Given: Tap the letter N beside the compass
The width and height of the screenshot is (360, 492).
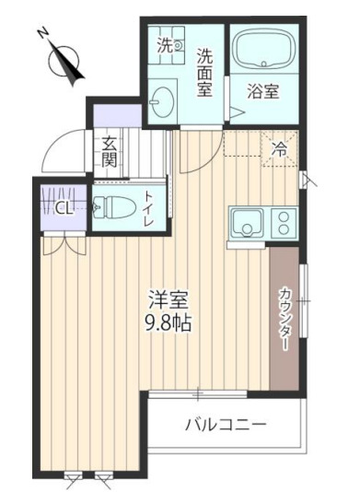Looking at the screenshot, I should [43, 34].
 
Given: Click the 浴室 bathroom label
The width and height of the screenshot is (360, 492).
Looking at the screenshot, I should [261, 92].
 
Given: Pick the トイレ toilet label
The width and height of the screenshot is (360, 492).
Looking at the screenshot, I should [150, 208].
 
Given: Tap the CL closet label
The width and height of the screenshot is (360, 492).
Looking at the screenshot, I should [64, 207].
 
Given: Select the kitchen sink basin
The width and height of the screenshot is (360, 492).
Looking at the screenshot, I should [247, 223].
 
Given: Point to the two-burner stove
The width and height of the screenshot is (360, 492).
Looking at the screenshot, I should [283, 223].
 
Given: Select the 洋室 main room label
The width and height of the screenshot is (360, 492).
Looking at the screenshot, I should [168, 300].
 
